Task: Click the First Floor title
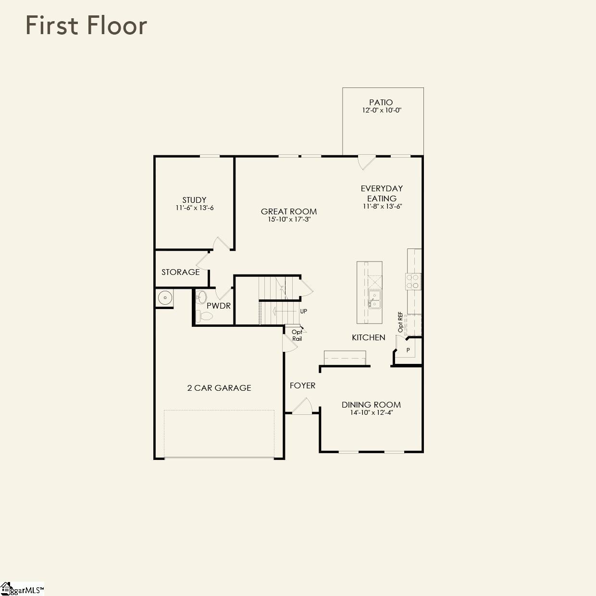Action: (x=86, y=25)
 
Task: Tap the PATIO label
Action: (x=381, y=102)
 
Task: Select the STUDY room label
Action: (x=194, y=200)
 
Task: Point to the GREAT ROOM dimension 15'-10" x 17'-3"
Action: (x=289, y=220)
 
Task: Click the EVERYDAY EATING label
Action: (x=382, y=193)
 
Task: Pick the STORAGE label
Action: (x=180, y=272)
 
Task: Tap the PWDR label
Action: (x=219, y=306)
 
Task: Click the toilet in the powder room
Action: (x=204, y=316)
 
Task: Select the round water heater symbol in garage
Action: (x=165, y=298)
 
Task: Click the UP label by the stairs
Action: (x=303, y=311)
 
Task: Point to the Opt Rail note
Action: (x=297, y=335)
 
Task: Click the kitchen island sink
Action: (x=373, y=299)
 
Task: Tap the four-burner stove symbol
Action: (x=413, y=281)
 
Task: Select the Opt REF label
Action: (x=400, y=322)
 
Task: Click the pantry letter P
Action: (x=408, y=350)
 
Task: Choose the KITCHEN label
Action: (x=368, y=337)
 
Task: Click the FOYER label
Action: (x=302, y=385)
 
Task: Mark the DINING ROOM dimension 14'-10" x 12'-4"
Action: (x=371, y=412)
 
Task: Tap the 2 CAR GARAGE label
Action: (x=219, y=388)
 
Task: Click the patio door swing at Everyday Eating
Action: (x=366, y=162)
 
